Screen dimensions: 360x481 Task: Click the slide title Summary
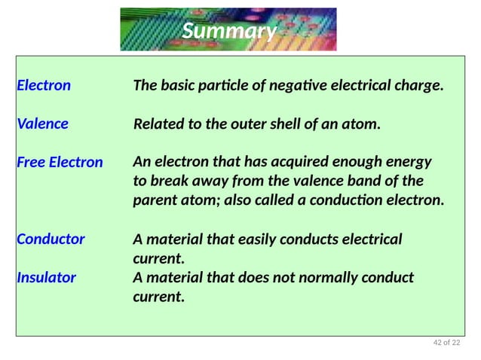(x=230, y=31)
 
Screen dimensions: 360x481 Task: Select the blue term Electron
(x=44, y=85)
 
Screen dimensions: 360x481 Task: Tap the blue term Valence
(x=42, y=124)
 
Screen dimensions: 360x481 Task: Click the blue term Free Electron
(x=60, y=162)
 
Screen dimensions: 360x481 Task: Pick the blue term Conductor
(x=51, y=239)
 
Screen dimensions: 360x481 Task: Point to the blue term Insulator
(x=46, y=277)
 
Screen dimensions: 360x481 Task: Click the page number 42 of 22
(x=446, y=344)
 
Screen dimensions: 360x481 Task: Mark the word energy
(x=407, y=162)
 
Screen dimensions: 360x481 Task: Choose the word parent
(x=156, y=201)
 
